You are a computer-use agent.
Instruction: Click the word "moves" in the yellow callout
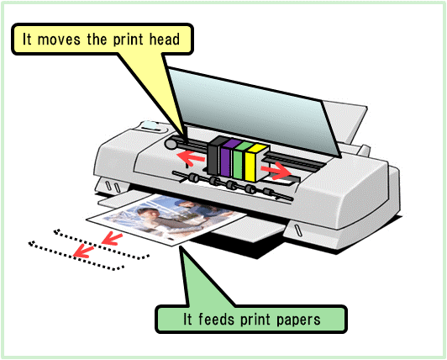coord(59,40)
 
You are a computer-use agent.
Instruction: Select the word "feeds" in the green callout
coord(215,319)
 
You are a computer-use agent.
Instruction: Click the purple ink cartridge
coord(227,158)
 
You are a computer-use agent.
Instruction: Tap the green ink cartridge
coord(239,161)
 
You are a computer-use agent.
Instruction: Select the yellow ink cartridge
coord(252,163)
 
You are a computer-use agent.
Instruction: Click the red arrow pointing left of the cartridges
coord(191,158)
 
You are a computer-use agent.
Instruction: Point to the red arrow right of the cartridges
coord(276,171)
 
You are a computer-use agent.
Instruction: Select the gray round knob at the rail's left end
coord(171,144)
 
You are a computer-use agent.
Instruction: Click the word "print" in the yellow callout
coord(128,40)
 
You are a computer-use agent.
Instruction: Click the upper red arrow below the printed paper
coord(112,239)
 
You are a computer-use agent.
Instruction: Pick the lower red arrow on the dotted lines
coord(83,251)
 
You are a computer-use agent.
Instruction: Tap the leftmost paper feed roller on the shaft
coord(194,177)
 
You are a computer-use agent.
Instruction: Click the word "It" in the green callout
coord(187,319)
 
